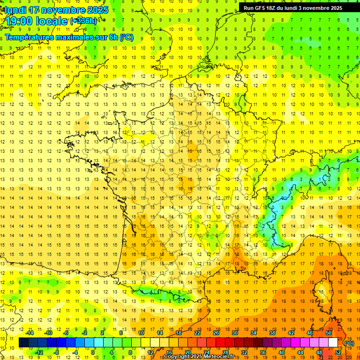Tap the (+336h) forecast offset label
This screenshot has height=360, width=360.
pos(83,21)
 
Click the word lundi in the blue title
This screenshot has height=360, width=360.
pos(15,9)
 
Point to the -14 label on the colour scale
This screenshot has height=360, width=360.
pos(30,333)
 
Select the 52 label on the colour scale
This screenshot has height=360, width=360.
pos(338,352)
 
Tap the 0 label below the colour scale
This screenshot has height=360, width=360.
pos(93,352)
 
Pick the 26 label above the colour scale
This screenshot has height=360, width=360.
pos(216,333)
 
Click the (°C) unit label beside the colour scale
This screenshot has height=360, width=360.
pos(349,343)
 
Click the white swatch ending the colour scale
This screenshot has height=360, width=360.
pos(333,343)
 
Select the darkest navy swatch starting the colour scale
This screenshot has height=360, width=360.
pos(23,343)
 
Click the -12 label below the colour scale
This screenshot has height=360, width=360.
pos(39,352)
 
